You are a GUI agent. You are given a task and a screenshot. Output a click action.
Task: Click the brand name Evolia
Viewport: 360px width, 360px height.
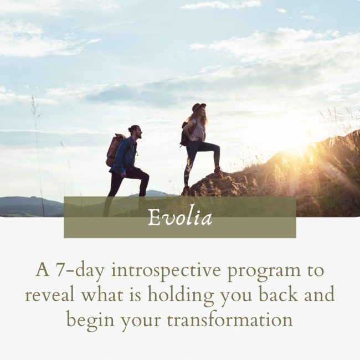pyautogui.click(x=180, y=218)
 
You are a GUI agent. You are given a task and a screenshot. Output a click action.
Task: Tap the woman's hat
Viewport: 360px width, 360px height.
pyautogui.click(x=198, y=107)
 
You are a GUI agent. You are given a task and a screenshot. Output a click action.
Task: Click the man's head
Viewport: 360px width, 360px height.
pyautogui.click(x=135, y=132)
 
